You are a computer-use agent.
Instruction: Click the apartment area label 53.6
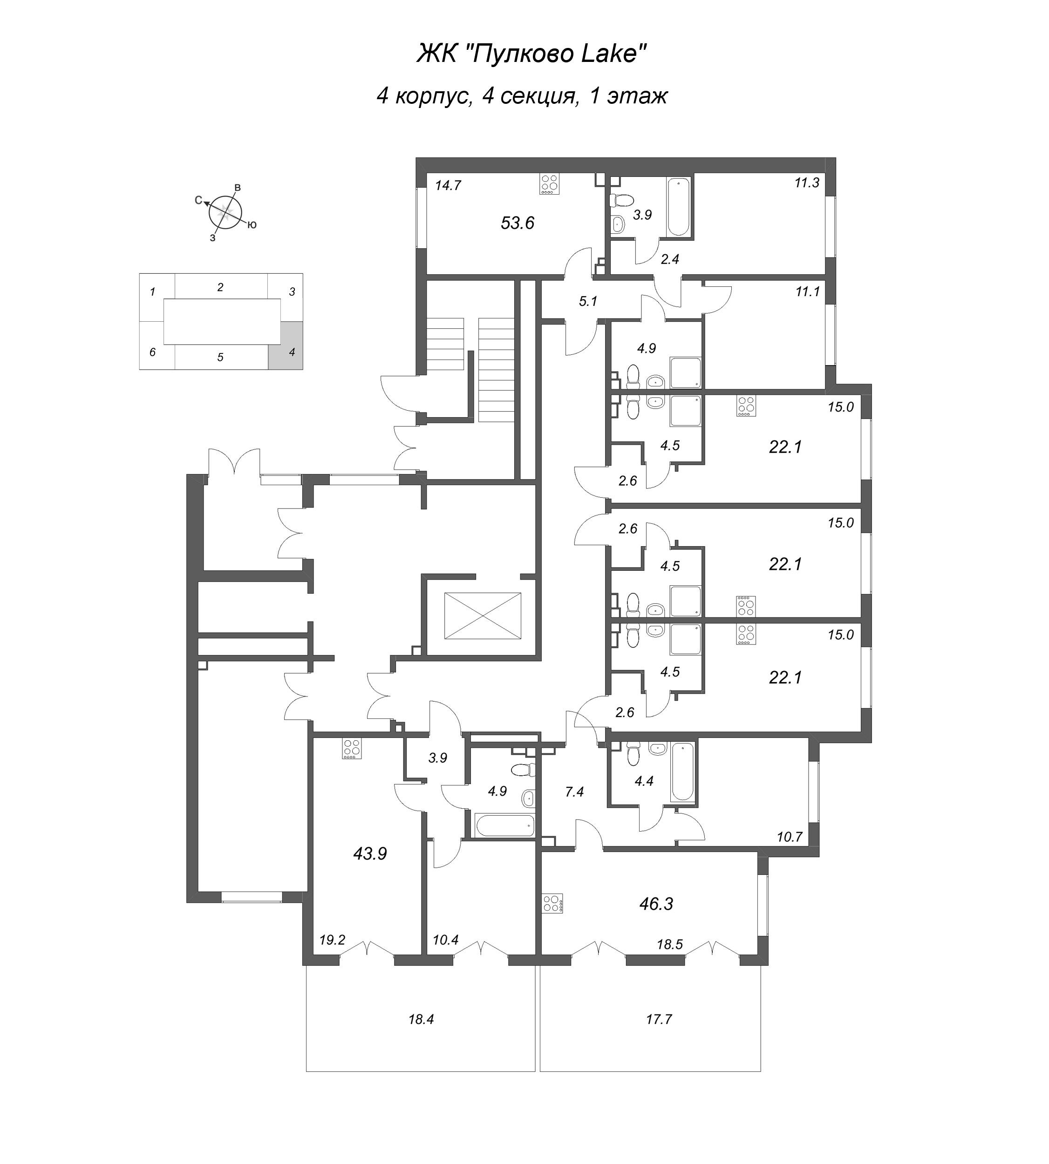tap(517, 223)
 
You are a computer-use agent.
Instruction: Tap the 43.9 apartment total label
tap(369, 853)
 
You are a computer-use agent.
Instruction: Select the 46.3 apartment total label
tap(656, 904)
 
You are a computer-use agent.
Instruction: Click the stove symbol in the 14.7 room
tap(550, 184)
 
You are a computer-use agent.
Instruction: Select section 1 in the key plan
tap(153, 292)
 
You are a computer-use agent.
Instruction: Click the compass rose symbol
tap(225, 211)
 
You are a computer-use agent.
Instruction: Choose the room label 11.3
tap(806, 183)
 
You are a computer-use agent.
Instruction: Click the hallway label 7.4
tap(574, 792)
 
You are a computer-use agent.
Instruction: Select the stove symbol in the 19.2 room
tap(352, 749)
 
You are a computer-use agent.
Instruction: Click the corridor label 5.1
tap(588, 301)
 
